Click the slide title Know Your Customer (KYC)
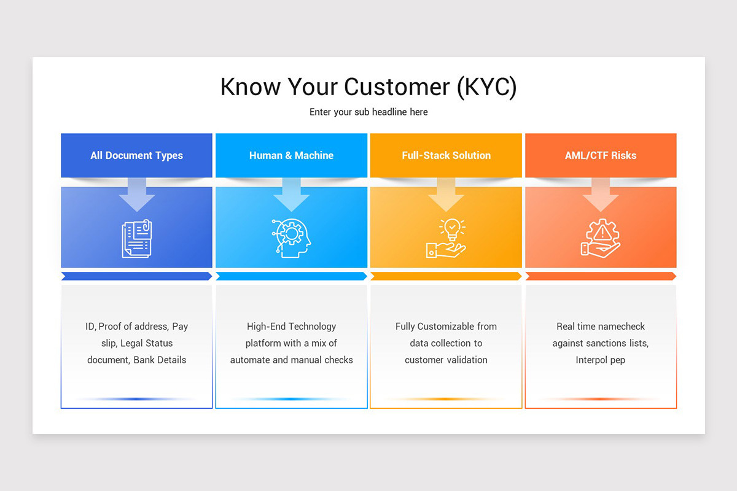point(368,87)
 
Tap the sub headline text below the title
point(368,112)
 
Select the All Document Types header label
point(136,155)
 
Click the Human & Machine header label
point(291,155)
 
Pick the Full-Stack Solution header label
point(446,155)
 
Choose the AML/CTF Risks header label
point(601,155)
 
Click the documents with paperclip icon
point(137,238)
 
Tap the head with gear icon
point(291,238)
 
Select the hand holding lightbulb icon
point(446,238)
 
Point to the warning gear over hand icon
point(601,238)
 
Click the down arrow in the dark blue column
point(137,195)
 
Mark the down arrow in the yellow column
point(446,195)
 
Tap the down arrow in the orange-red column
point(601,195)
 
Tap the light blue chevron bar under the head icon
point(291,276)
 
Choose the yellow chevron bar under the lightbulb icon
point(446,276)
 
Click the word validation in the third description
point(467,360)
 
